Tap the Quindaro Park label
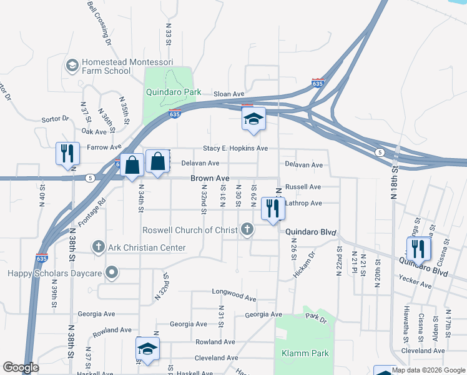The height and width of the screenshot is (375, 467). click(x=174, y=92)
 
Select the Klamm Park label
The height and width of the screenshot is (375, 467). click(x=305, y=353)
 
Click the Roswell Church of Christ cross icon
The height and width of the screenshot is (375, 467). click(x=247, y=229)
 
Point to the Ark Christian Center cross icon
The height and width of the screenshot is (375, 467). click(x=98, y=247)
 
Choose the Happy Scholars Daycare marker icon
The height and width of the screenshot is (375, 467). click(x=112, y=272)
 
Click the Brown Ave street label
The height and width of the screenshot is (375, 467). click(x=210, y=178)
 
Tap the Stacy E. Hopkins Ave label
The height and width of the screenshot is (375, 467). click(x=235, y=148)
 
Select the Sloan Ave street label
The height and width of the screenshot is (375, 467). click(x=229, y=94)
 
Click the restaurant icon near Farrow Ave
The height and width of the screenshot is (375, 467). click(x=67, y=153)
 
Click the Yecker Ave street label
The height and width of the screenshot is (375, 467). click(x=417, y=284)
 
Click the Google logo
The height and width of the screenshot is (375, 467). click(x=21, y=367)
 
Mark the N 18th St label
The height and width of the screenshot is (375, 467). click(x=394, y=181)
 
